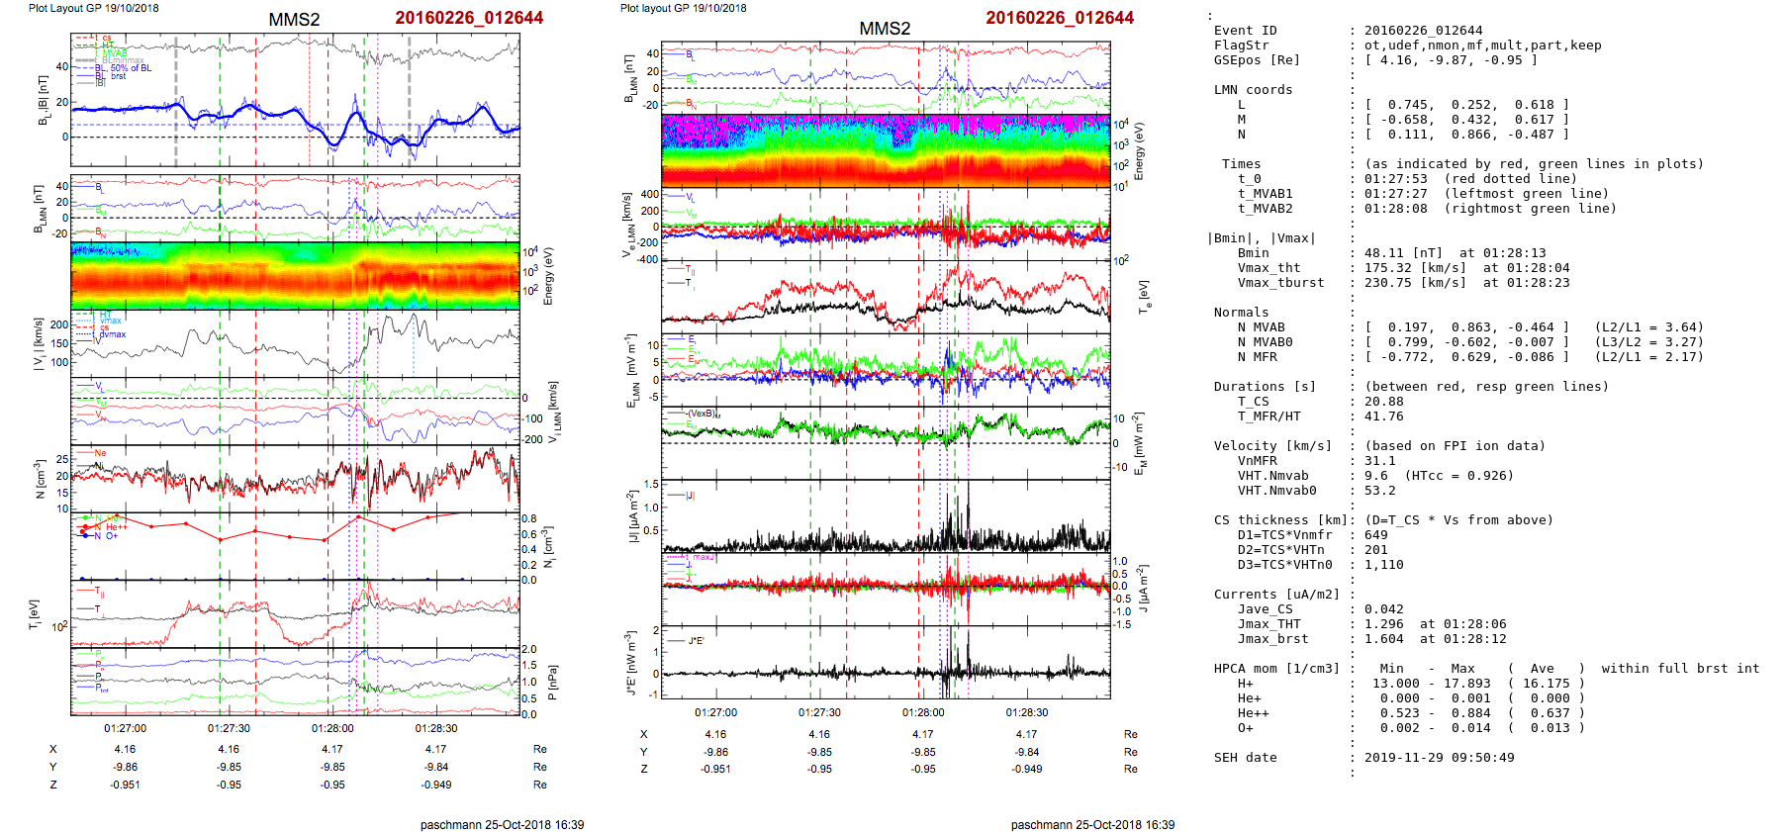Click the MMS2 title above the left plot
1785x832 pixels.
click(294, 20)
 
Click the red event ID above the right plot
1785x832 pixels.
click(1060, 18)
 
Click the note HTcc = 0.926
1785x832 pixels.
click(1458, 476)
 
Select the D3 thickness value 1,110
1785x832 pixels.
click(1383, 565)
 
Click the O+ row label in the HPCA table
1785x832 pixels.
click(1245, 728)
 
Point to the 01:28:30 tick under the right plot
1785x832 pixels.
click(1027, 712)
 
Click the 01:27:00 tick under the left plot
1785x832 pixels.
click(125, 728)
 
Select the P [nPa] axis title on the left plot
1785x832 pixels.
click(553, 683)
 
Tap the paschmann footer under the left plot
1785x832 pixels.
click(502, 824)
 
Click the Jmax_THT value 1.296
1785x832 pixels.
click(1383, 624)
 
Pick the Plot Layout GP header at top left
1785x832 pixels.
click(93, 8)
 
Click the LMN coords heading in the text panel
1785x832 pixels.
click(1253, 90)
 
